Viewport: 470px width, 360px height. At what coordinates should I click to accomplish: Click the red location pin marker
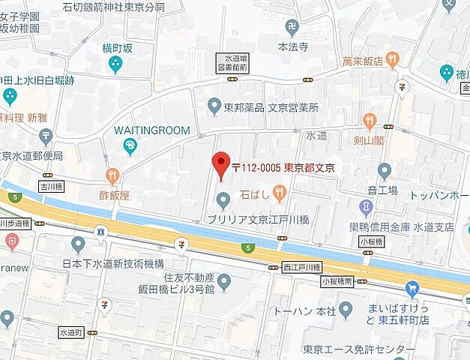(x=220, y=163)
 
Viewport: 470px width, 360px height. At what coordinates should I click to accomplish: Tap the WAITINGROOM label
(x=152, y=130)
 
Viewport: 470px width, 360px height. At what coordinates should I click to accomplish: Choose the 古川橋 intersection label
(x=52, y=183)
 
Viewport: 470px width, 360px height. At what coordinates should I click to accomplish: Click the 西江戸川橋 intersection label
(x=301, y=267)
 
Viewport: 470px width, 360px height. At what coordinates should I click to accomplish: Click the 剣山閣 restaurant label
(x=369, y=139)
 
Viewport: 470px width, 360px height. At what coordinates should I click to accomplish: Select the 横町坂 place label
(x=117, y=48)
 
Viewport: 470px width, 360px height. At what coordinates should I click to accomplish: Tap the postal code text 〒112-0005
(x=256, y=168)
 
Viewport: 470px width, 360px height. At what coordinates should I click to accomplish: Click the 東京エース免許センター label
(x=358, y=350)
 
